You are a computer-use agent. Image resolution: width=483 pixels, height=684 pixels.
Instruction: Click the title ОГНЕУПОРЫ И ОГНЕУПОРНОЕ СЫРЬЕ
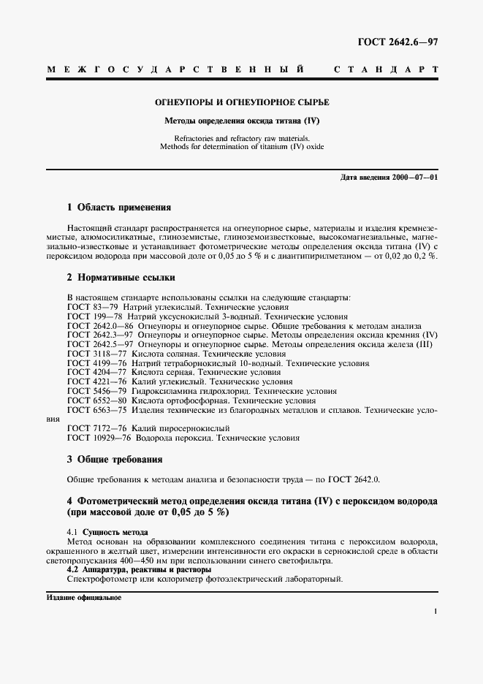click(241, 102)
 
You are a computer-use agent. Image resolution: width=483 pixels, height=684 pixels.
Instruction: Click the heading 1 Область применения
click(119, 208)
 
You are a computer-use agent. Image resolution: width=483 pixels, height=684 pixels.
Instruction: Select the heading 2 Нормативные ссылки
click(121, 278)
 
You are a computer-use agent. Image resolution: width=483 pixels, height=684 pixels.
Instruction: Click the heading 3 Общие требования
click(114, 460)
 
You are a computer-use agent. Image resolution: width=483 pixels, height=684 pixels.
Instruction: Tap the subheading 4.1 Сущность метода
click(107, 532)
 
